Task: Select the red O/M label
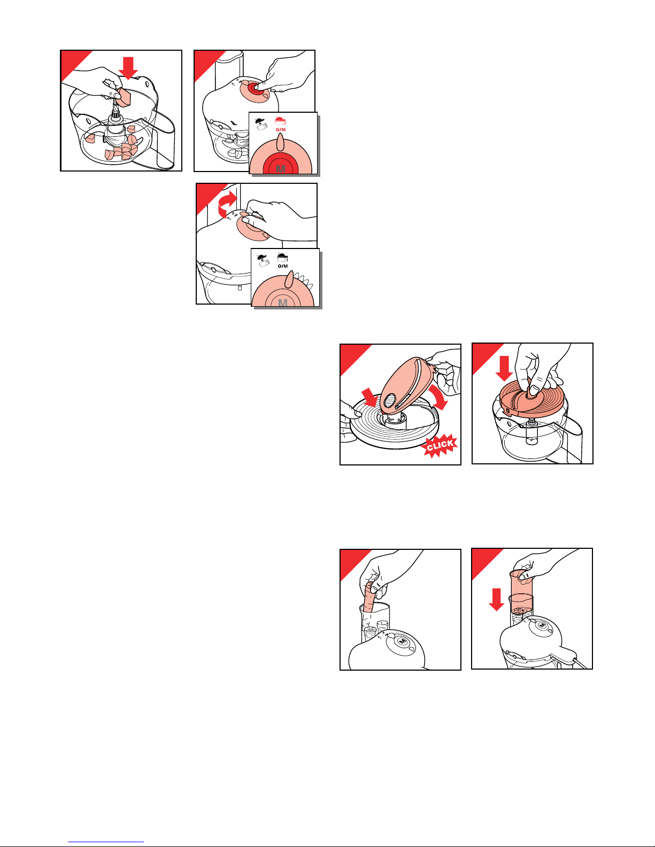pyautogui.click(x=281, y=129)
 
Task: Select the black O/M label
pyautogui.click(x=283, y=266)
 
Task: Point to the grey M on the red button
pyautogui.click(x=281, y=169)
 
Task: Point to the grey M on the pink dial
pyautogui.click(x=283, y=302)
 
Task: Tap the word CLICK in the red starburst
pyautogui.click(x=440, y=445)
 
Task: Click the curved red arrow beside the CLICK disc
pyautogui.click(x=438, y=398)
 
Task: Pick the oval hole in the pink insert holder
pyautogui.click(x=390, y=400)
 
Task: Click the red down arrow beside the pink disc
pyautogui.click(x=505, y=368)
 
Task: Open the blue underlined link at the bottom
pyautogui.click(x=106, y=840)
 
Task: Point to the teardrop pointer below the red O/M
pyautogui.click(x=280, y=142)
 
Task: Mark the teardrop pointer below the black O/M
pyautogui.click(x=289, y=279)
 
